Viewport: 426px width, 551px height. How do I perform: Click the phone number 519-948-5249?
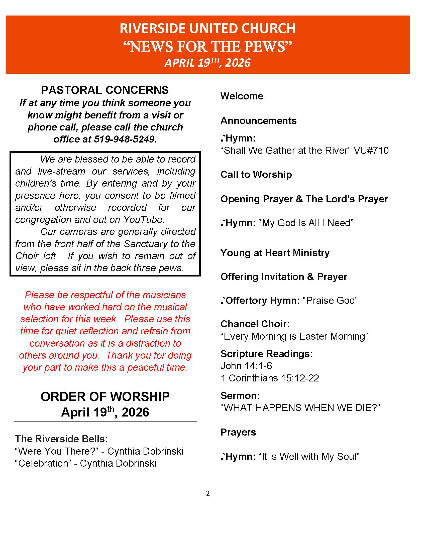(x=125, y=139)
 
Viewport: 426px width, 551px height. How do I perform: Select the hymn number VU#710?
(x=371, y=151)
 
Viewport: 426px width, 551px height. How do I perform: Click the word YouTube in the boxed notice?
(x=144, y=219)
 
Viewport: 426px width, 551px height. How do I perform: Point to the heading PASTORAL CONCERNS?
(x=105, y=90)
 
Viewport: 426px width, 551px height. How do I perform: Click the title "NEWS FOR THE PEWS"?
(x=207, y=47)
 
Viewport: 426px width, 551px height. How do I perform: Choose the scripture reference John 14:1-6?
(x=246, y=366)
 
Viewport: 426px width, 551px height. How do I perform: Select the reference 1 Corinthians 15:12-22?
(x=270, y=378)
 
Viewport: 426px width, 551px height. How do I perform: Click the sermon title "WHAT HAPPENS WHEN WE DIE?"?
(x=300, y=408)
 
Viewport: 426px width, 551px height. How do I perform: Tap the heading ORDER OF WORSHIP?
(x=105, y=397)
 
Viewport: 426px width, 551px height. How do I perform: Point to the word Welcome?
(x=242, y=96)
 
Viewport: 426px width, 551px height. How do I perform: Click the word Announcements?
(x=258, y=121)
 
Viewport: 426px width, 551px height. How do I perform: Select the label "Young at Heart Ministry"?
(x=275, y=253)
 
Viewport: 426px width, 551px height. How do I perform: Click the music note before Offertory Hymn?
(x=223, y=301)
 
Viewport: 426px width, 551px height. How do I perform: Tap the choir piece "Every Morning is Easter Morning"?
(x=294, y=336)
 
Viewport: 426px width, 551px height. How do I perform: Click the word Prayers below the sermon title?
(x=238, y=432)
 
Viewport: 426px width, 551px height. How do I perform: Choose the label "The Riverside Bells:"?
(x=61, y=439)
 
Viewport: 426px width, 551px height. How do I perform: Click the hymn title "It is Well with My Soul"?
(x=309, y=456)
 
